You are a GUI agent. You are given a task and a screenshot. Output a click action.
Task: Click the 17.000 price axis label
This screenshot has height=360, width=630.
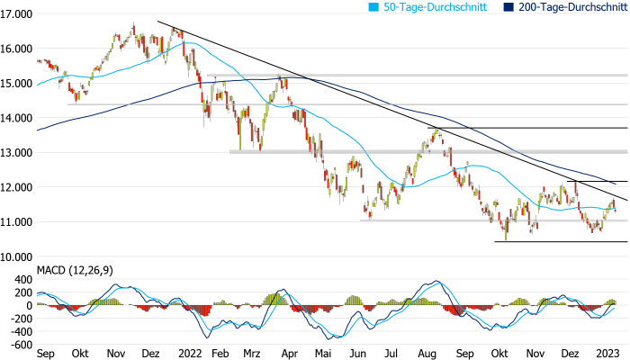click(x=17, y=14)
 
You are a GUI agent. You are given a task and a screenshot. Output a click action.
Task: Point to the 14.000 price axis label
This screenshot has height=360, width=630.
click(x=17, y=118)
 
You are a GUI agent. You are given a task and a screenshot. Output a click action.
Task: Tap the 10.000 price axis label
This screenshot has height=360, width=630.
click(x=17, y=256)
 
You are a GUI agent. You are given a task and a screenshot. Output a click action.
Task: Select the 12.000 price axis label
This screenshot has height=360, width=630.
click(x=17, y=187)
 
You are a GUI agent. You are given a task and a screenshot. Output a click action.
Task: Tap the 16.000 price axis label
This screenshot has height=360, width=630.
click(x=17, y=49)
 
